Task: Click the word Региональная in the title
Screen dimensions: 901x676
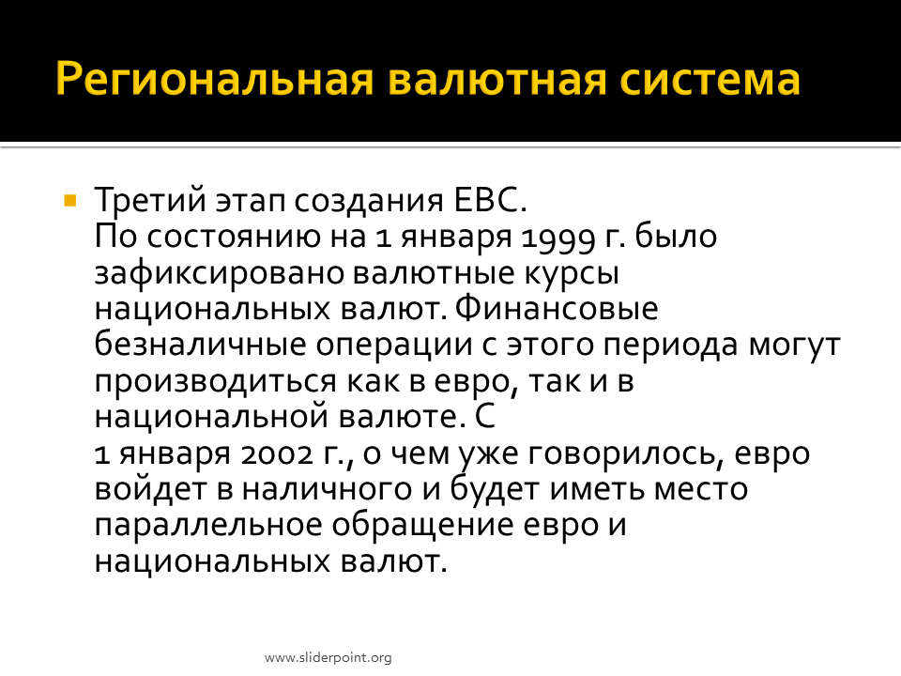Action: pos(215,79)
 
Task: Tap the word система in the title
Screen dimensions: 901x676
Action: pos(710,79)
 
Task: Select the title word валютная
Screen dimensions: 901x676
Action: pos(497,79)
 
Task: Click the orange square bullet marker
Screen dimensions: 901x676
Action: pos(70,201)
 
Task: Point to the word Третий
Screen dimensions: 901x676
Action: pos(150,200)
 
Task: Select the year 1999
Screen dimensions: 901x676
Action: pos(557,238)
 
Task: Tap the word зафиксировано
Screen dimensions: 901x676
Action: pos(218,273)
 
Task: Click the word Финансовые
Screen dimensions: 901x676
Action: pos(557,309)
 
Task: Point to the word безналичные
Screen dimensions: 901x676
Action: pos(200,345)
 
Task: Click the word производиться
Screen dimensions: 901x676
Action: pos(215,382)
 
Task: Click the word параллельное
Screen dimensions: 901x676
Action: pos(208,526)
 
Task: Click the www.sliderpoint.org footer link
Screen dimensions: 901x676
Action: pos(328,657)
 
